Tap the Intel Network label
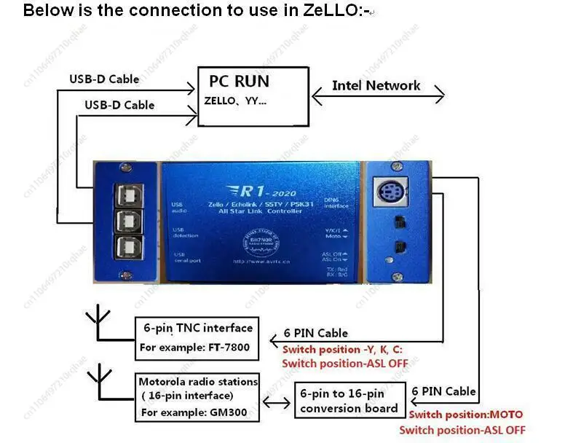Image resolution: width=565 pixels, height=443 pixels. [376, 85]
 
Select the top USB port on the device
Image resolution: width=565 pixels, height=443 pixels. [128, 196]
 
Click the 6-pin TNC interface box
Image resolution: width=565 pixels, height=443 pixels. [197, 337]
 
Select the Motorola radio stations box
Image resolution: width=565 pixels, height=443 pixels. [197, 397]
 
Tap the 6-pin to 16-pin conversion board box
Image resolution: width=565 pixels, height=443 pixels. [349, 401]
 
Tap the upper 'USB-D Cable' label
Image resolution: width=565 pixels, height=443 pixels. [103, 79]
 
